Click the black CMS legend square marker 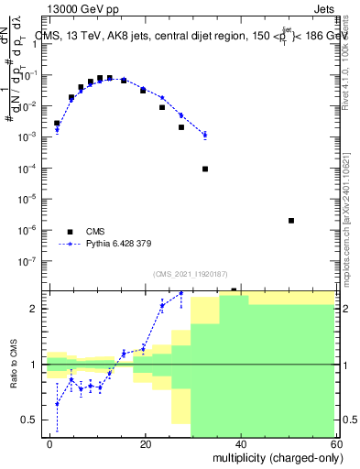click(70, 232)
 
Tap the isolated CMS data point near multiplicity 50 click(290, 221)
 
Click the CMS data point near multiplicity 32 click(205, 169)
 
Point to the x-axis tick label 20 click(146, 443)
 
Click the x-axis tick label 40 click(241, 443)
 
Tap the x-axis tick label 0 click(50, 443)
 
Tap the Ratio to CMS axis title click(15, 364)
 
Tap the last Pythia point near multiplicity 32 click(205, 135)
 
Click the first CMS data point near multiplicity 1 click(57, 123)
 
